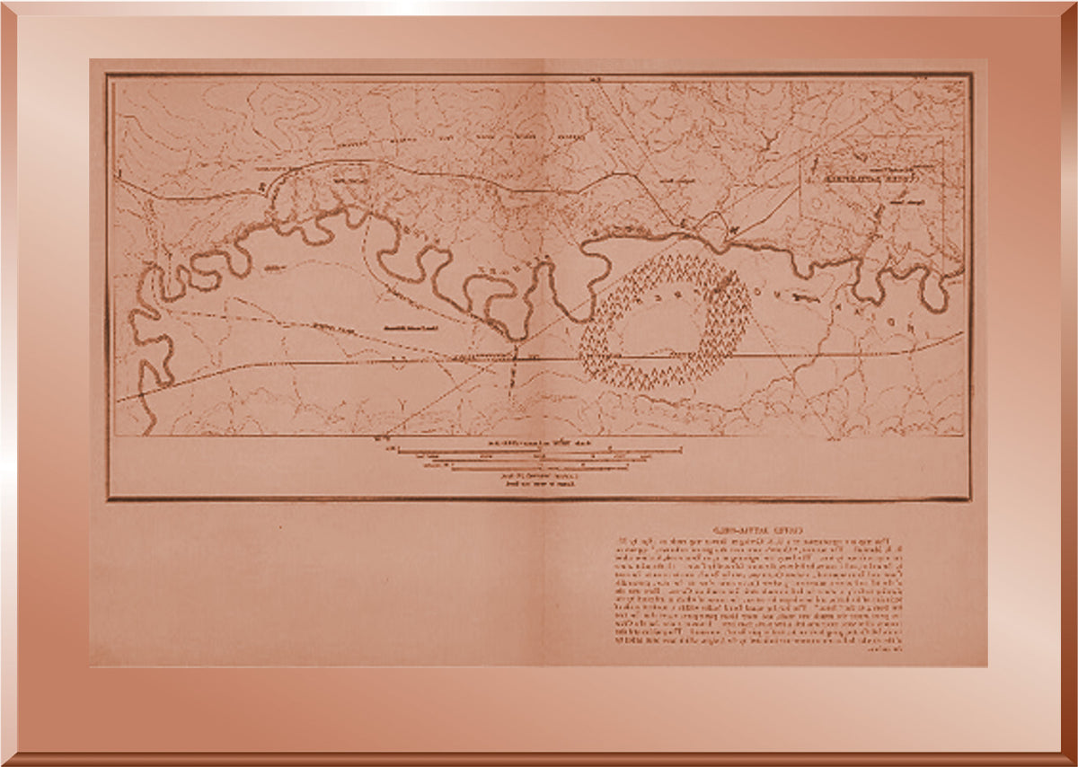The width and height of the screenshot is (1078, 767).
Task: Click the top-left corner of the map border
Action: (108, 75)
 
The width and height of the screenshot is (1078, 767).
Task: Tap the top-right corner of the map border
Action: (969, 75)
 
